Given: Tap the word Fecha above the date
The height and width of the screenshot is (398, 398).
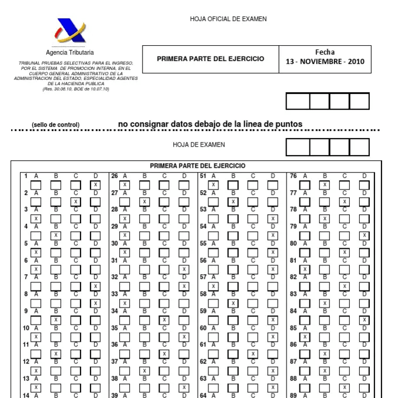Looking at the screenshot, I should [325, 52].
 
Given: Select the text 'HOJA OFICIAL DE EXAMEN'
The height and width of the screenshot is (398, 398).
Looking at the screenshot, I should [228, 19].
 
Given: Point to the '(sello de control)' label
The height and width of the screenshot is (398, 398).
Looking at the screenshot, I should [56, 124].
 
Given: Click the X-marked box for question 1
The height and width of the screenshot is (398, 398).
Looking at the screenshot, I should [95, 185].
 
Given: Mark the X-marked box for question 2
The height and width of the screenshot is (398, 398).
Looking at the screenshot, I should [75, 202].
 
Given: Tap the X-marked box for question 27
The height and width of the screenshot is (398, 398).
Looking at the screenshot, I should [144, 202].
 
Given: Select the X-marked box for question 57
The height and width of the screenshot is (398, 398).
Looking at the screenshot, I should [213, 286].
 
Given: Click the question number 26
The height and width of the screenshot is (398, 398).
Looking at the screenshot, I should [114, 176].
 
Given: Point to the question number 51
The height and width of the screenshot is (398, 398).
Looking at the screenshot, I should [203, 176].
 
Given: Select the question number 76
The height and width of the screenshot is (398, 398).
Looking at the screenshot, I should [294, 176].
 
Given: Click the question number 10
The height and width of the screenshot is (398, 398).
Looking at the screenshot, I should [26, 328].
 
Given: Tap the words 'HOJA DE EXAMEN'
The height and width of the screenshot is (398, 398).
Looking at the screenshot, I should [199, 144].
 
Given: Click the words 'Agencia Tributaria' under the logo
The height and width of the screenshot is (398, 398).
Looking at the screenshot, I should [69, 53].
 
